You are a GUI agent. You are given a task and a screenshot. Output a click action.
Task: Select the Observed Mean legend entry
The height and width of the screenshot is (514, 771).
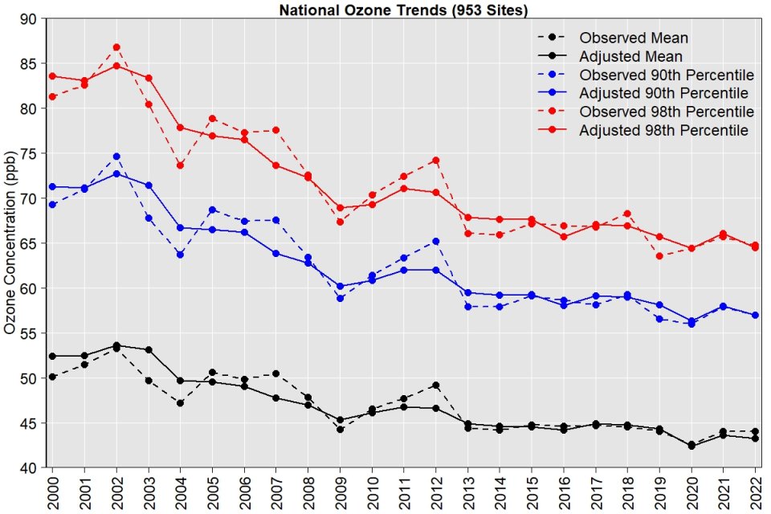pyautogui.click(x=634, y=37)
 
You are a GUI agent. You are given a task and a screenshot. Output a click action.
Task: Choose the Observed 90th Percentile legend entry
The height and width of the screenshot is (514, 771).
pyautogui.click(x=666, y=75)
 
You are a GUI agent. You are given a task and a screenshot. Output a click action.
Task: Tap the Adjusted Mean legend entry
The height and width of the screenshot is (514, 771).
pyautogui.click(x=630, y=56)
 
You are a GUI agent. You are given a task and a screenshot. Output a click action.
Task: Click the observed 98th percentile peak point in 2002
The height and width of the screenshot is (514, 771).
pyautogui.click(x=116, y=47)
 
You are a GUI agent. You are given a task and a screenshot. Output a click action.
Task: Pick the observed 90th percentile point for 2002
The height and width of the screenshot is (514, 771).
pyautogui.click(x=116, y=157)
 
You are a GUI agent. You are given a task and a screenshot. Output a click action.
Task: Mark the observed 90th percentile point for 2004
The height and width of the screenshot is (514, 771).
pyautogui.click(x=181, y=255)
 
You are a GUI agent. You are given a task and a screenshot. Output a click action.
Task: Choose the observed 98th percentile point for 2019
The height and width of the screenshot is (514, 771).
pyautogui.click(x=659, y=256)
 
